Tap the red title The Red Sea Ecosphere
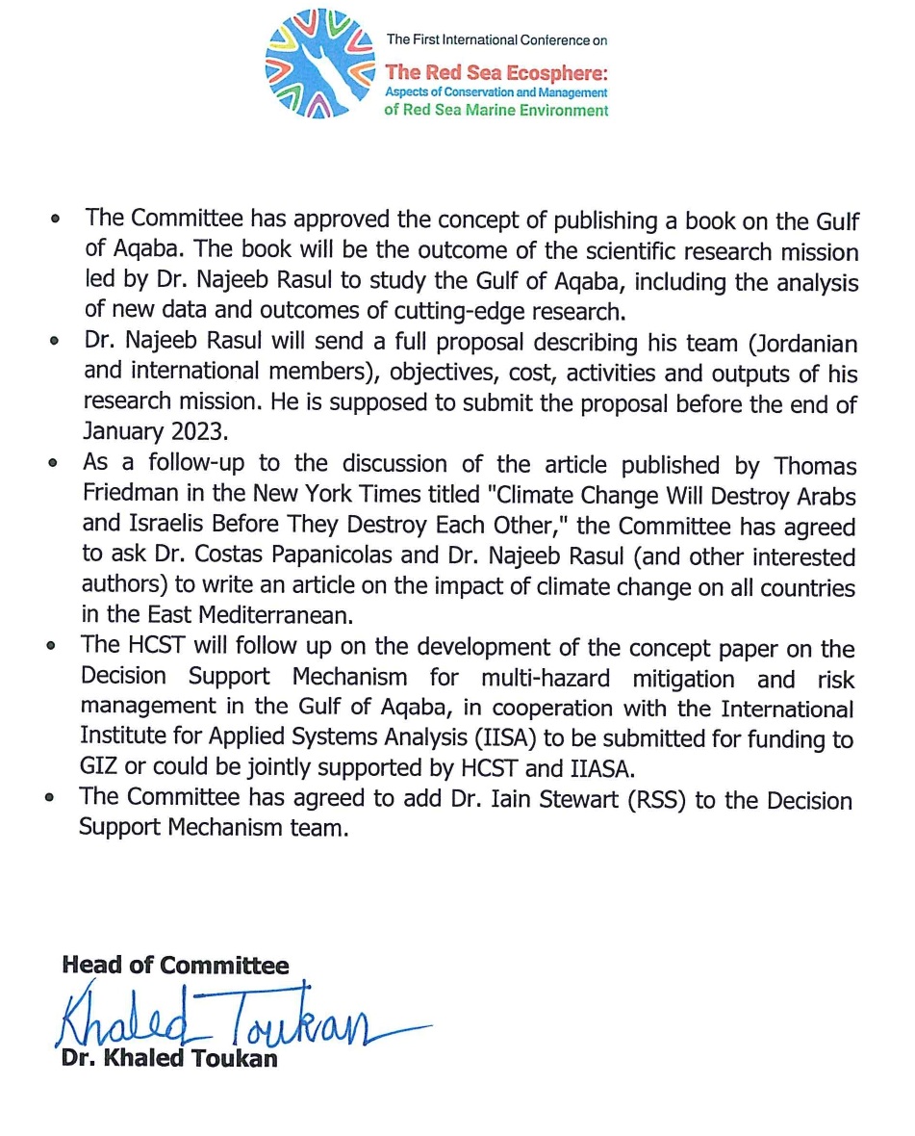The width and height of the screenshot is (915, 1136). coord(496,72)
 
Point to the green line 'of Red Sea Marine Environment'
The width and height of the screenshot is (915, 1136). coord(496,111)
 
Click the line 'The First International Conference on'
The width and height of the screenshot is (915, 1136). coord(496,40)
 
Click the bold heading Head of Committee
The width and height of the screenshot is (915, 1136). coord(175,966)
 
